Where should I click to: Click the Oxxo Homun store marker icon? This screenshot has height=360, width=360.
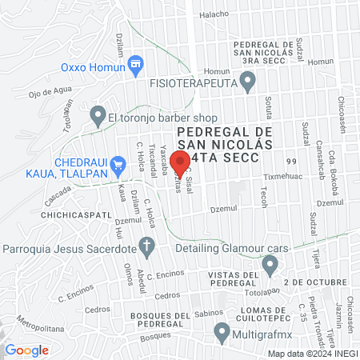pos(134,62)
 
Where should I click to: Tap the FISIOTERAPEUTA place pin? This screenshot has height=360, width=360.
pos(248,80)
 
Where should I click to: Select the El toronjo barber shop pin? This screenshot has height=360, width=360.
pos(98,116)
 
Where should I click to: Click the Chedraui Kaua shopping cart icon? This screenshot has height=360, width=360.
pos(118,166)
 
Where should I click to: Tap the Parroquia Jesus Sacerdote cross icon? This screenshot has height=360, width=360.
pos(146,245)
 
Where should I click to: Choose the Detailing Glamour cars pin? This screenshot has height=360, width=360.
pos(270,263)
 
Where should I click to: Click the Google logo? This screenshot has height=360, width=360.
pos(26,350)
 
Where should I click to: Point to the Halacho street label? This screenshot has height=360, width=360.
pos(214,14)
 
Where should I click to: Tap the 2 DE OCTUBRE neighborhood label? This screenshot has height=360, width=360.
pos(318,282)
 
